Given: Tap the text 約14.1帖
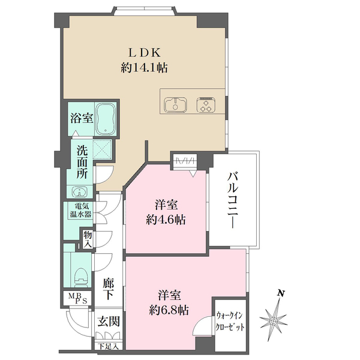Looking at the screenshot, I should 144,68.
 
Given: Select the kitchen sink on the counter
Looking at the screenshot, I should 176,104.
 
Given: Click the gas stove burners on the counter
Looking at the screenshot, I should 206,104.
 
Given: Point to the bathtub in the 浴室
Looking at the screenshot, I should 106,120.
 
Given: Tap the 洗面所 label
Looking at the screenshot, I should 82,162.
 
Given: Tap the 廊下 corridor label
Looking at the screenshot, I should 109,289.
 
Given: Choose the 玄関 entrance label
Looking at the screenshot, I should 109,322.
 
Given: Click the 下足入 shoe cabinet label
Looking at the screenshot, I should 109,346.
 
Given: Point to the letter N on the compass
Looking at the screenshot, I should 280,293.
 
